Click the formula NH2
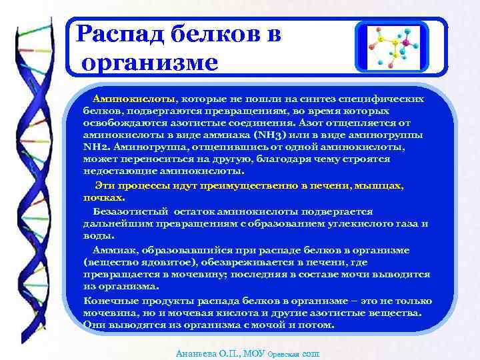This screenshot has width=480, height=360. point(96,147)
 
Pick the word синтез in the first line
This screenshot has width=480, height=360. point(324,98)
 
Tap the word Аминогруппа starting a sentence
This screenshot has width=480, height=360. point(146,147)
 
